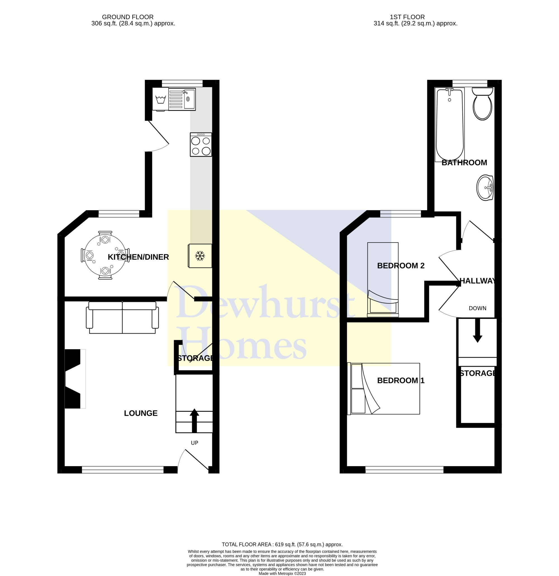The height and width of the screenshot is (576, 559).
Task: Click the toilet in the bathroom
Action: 482,103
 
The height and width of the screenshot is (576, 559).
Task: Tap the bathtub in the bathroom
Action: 450,124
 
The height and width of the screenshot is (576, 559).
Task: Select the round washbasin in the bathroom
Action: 485,188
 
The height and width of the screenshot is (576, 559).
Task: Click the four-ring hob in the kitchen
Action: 201,144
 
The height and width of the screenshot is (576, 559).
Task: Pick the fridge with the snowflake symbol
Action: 200,256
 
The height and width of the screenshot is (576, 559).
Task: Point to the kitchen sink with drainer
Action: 182,99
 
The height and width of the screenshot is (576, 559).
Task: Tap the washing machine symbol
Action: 160,99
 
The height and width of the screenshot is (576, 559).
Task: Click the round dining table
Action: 105,255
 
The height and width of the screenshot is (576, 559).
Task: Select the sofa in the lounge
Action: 122,317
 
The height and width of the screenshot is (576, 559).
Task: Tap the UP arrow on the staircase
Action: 194,420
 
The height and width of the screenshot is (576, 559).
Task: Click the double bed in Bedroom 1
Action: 383,388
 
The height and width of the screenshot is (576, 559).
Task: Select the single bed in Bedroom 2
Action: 383,279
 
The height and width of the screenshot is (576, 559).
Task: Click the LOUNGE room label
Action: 141,413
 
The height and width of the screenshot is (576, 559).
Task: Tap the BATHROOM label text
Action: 464,162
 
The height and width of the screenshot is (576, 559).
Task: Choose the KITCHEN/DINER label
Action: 138,257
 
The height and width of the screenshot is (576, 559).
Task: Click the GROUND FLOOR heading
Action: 127,17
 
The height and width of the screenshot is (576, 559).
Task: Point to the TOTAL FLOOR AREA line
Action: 282,544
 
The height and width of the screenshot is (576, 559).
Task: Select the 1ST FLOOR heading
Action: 407,17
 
